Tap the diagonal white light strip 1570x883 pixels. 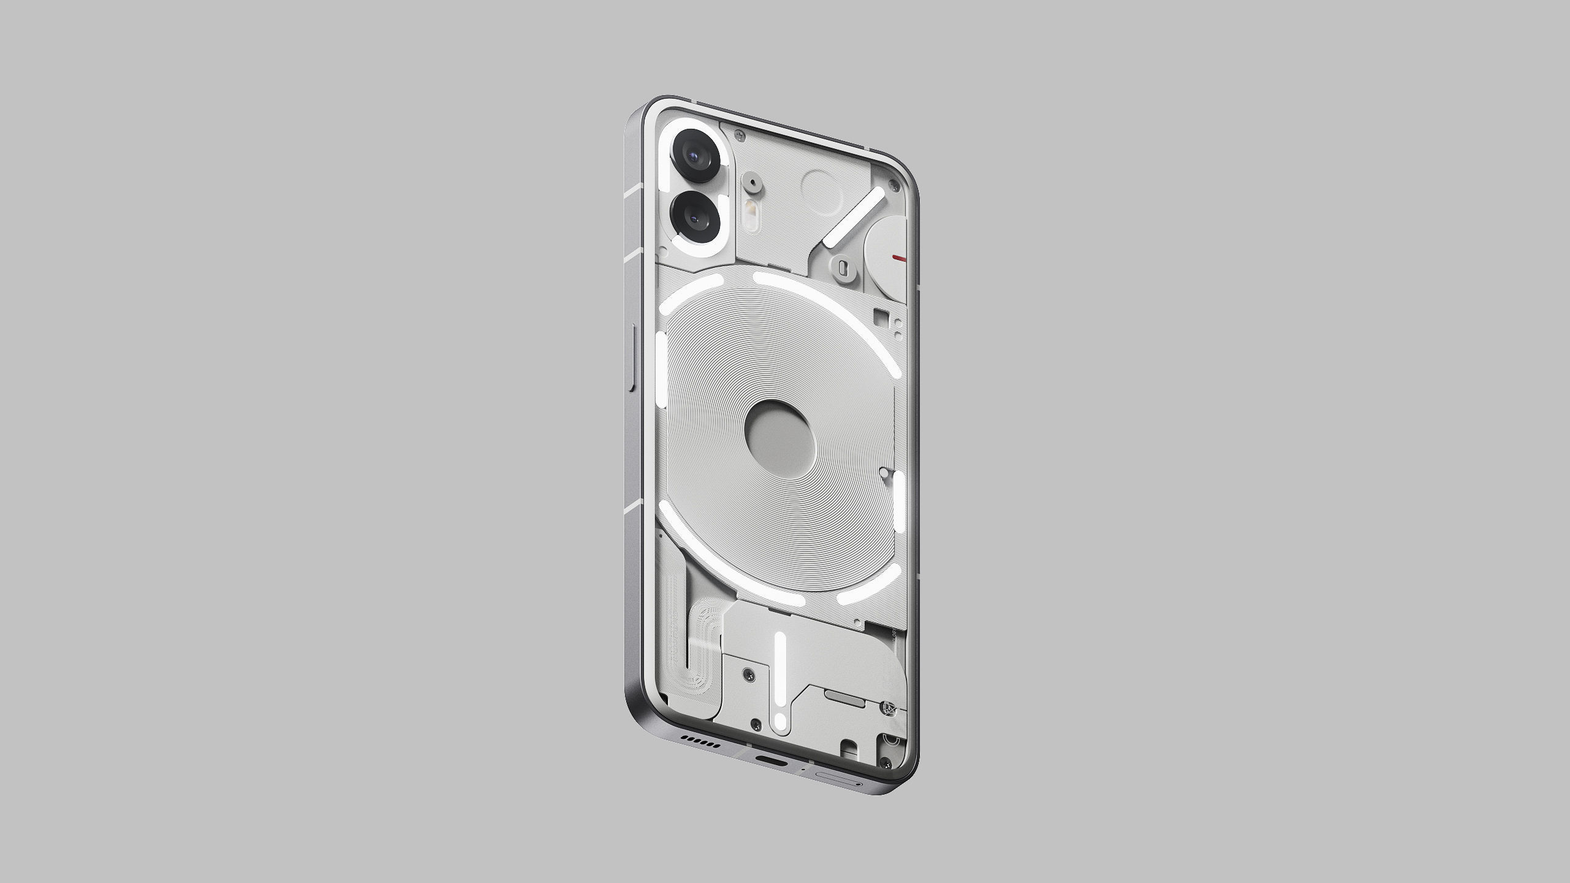coord(854,219)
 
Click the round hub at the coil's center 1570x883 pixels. coord(779,431)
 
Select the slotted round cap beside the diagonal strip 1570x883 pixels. coord(842,267)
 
